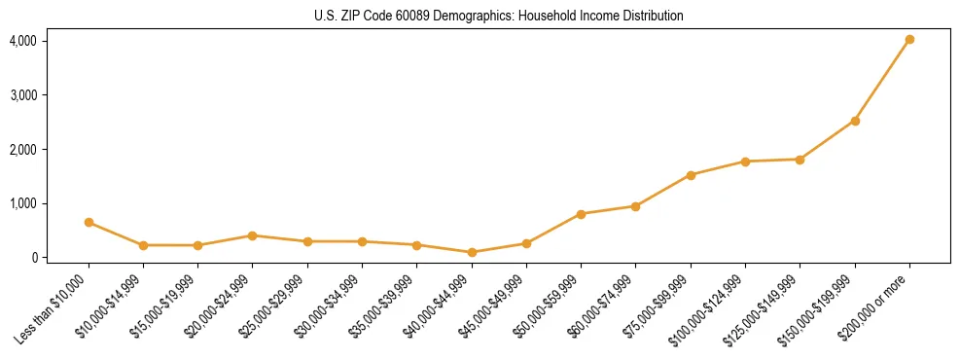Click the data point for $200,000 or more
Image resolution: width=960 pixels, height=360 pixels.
click(x=909, y=40)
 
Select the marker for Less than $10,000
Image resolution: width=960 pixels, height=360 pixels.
click(x=89, y=222)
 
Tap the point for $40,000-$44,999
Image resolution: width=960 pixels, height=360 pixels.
click(x=472, y=252)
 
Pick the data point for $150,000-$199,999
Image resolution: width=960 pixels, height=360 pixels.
click(x=855, y=121)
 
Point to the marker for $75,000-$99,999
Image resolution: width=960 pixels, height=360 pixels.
click(x=691, y=175)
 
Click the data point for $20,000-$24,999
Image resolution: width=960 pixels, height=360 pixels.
click(x=252, y=235)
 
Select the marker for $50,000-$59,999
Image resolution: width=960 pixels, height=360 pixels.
click(x=581, y=214)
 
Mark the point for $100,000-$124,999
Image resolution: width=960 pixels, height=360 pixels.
click(x=745, y=162)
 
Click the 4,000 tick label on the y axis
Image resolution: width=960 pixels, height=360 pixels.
click(x=23, y=41)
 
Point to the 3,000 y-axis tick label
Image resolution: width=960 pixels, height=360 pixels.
click(x=23, y=95)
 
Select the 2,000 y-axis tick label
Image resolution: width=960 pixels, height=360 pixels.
click(x=23, y=150)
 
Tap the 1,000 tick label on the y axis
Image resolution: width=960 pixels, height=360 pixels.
click(x=23, y=203)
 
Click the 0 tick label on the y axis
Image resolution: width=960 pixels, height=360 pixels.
click(x=33, y=258)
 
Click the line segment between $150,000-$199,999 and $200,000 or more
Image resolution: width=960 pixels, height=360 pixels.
click(x=882, y=81)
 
